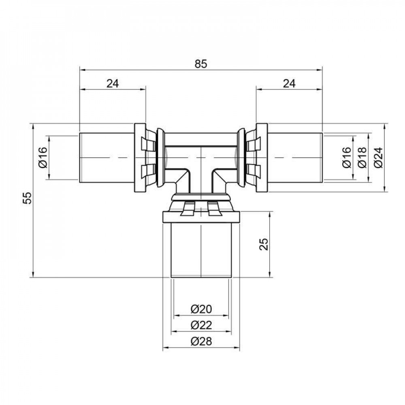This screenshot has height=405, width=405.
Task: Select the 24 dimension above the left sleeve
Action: pyautogui.click(x=112, y=83)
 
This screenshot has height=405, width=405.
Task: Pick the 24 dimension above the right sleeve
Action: pyautogui.click(x=289, y=83)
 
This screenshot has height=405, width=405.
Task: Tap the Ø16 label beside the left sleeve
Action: pyautogui.click(x=43, y=157)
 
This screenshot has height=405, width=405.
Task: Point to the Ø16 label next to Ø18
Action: pyautogui.click(x=347, y=157)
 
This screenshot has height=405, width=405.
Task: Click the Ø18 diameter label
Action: pyautogui.click(x=362, y=157)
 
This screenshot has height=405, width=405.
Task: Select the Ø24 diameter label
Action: pyautogui.click(x=377, y=157)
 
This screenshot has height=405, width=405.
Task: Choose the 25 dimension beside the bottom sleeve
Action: pyautogui.click(x=263, y=244)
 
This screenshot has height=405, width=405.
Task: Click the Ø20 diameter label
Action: pyautogui.click(x=201, y=309)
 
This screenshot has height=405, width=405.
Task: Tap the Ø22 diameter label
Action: pyautogui.click(x=201, y=325)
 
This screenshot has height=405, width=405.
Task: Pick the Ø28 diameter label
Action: pyautogui.click(x=201, y=341)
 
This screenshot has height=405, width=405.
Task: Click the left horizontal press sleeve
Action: pyautogui.click(x=106, y=157)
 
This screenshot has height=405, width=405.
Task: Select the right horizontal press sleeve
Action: pyautogui.click(x=295, y=157)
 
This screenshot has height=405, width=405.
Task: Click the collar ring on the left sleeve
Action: pyautogui.click(x=139, y=157)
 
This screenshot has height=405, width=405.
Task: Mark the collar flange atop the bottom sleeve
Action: pyautogui.click(x=201, y=216)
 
